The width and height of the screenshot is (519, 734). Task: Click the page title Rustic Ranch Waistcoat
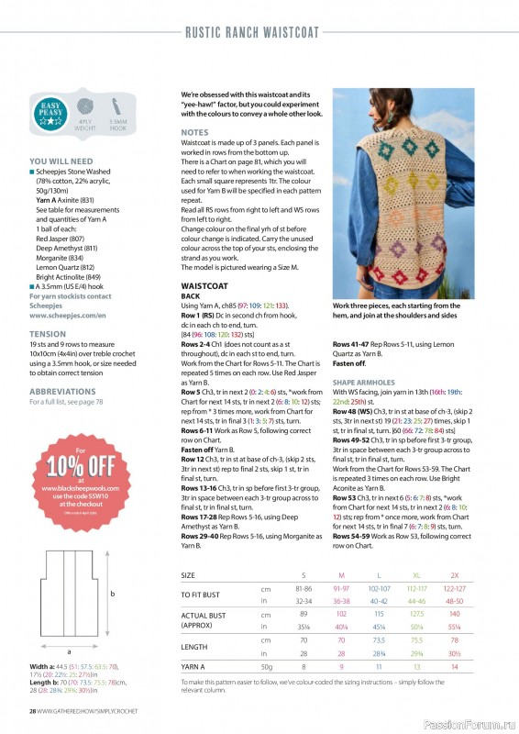[252, 33]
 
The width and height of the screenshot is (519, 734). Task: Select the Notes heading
[194, 132]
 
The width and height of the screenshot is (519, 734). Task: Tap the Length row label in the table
[195, 647]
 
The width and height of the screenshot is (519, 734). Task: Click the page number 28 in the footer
[31, 711]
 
